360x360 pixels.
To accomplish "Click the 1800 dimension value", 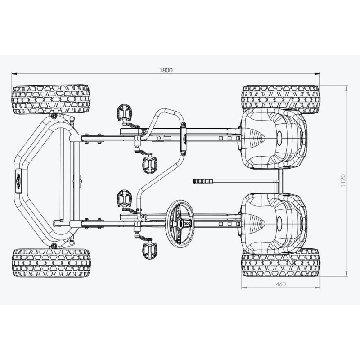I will point(166,70).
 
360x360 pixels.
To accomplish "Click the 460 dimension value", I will point(280,284).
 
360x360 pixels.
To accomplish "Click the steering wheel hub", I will point(181,222).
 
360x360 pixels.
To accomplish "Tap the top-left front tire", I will point(51,99).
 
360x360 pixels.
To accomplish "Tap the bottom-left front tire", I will point(51,262).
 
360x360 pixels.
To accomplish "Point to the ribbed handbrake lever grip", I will point(202,181).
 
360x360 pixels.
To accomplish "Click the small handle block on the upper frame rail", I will point(183,137).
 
